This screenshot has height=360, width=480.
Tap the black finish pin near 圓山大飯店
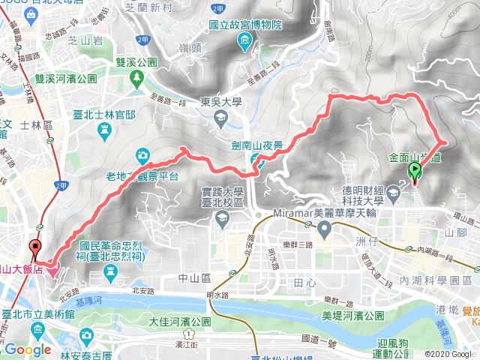click(x=35, y=250)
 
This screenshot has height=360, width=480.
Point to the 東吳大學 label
click(x=220, y=104)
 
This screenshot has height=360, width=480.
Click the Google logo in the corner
click(x=27, y=349)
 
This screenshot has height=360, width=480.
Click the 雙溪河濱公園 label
click(x=67, y=78)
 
